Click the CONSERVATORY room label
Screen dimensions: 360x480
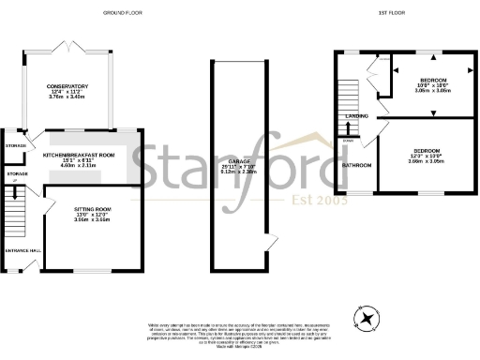pos(67,85)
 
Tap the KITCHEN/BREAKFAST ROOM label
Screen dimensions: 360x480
pos(78,153)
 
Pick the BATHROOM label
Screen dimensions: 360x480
pos(356,165)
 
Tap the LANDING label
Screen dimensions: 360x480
pos(356,116)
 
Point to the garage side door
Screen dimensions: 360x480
pos(271,243)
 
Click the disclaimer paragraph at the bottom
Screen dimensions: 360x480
pos(241,330)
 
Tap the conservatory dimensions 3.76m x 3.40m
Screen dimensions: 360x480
pos(67,97)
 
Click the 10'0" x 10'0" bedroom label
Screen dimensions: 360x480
pos(433,85)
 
